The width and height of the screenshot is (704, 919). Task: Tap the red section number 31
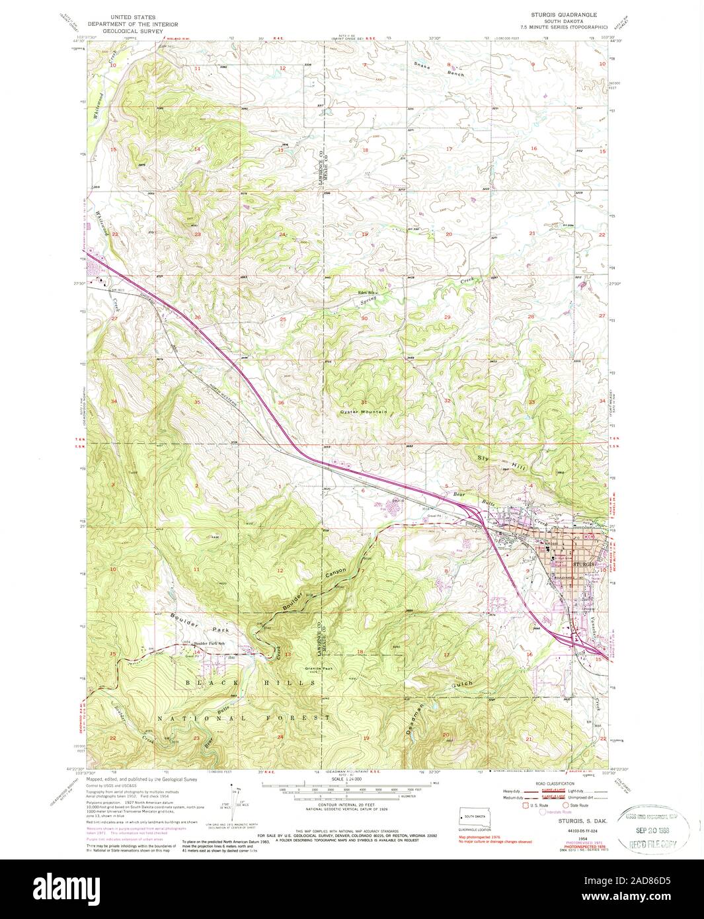(x=364, y=403)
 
